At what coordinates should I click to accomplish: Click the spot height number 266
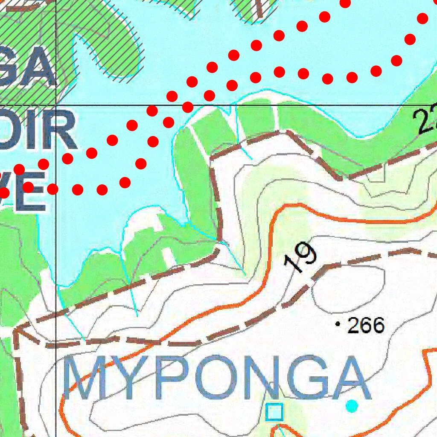[x=366, y=325]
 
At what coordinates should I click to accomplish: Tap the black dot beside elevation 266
[x=338, y=325]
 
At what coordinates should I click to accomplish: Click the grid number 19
[x=301, y=258]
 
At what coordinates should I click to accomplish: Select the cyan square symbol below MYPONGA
[x=274, y=412]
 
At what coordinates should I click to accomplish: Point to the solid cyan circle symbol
[x=352, y=406]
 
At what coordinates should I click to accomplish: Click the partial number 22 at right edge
[x=426, y=121]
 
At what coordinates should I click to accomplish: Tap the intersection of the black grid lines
[x=56, y=105]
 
